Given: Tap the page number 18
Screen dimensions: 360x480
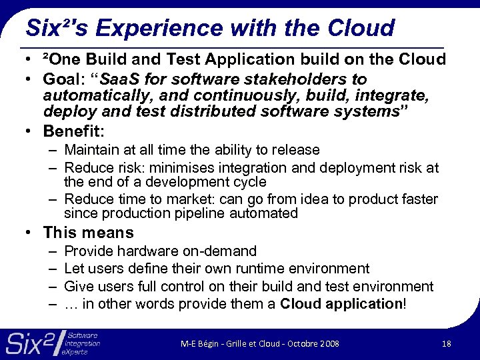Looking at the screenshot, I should coord(447,343).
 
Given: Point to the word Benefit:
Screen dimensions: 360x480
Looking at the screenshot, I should coord(74,130).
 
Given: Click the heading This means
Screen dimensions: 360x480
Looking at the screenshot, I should coord(88,233).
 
